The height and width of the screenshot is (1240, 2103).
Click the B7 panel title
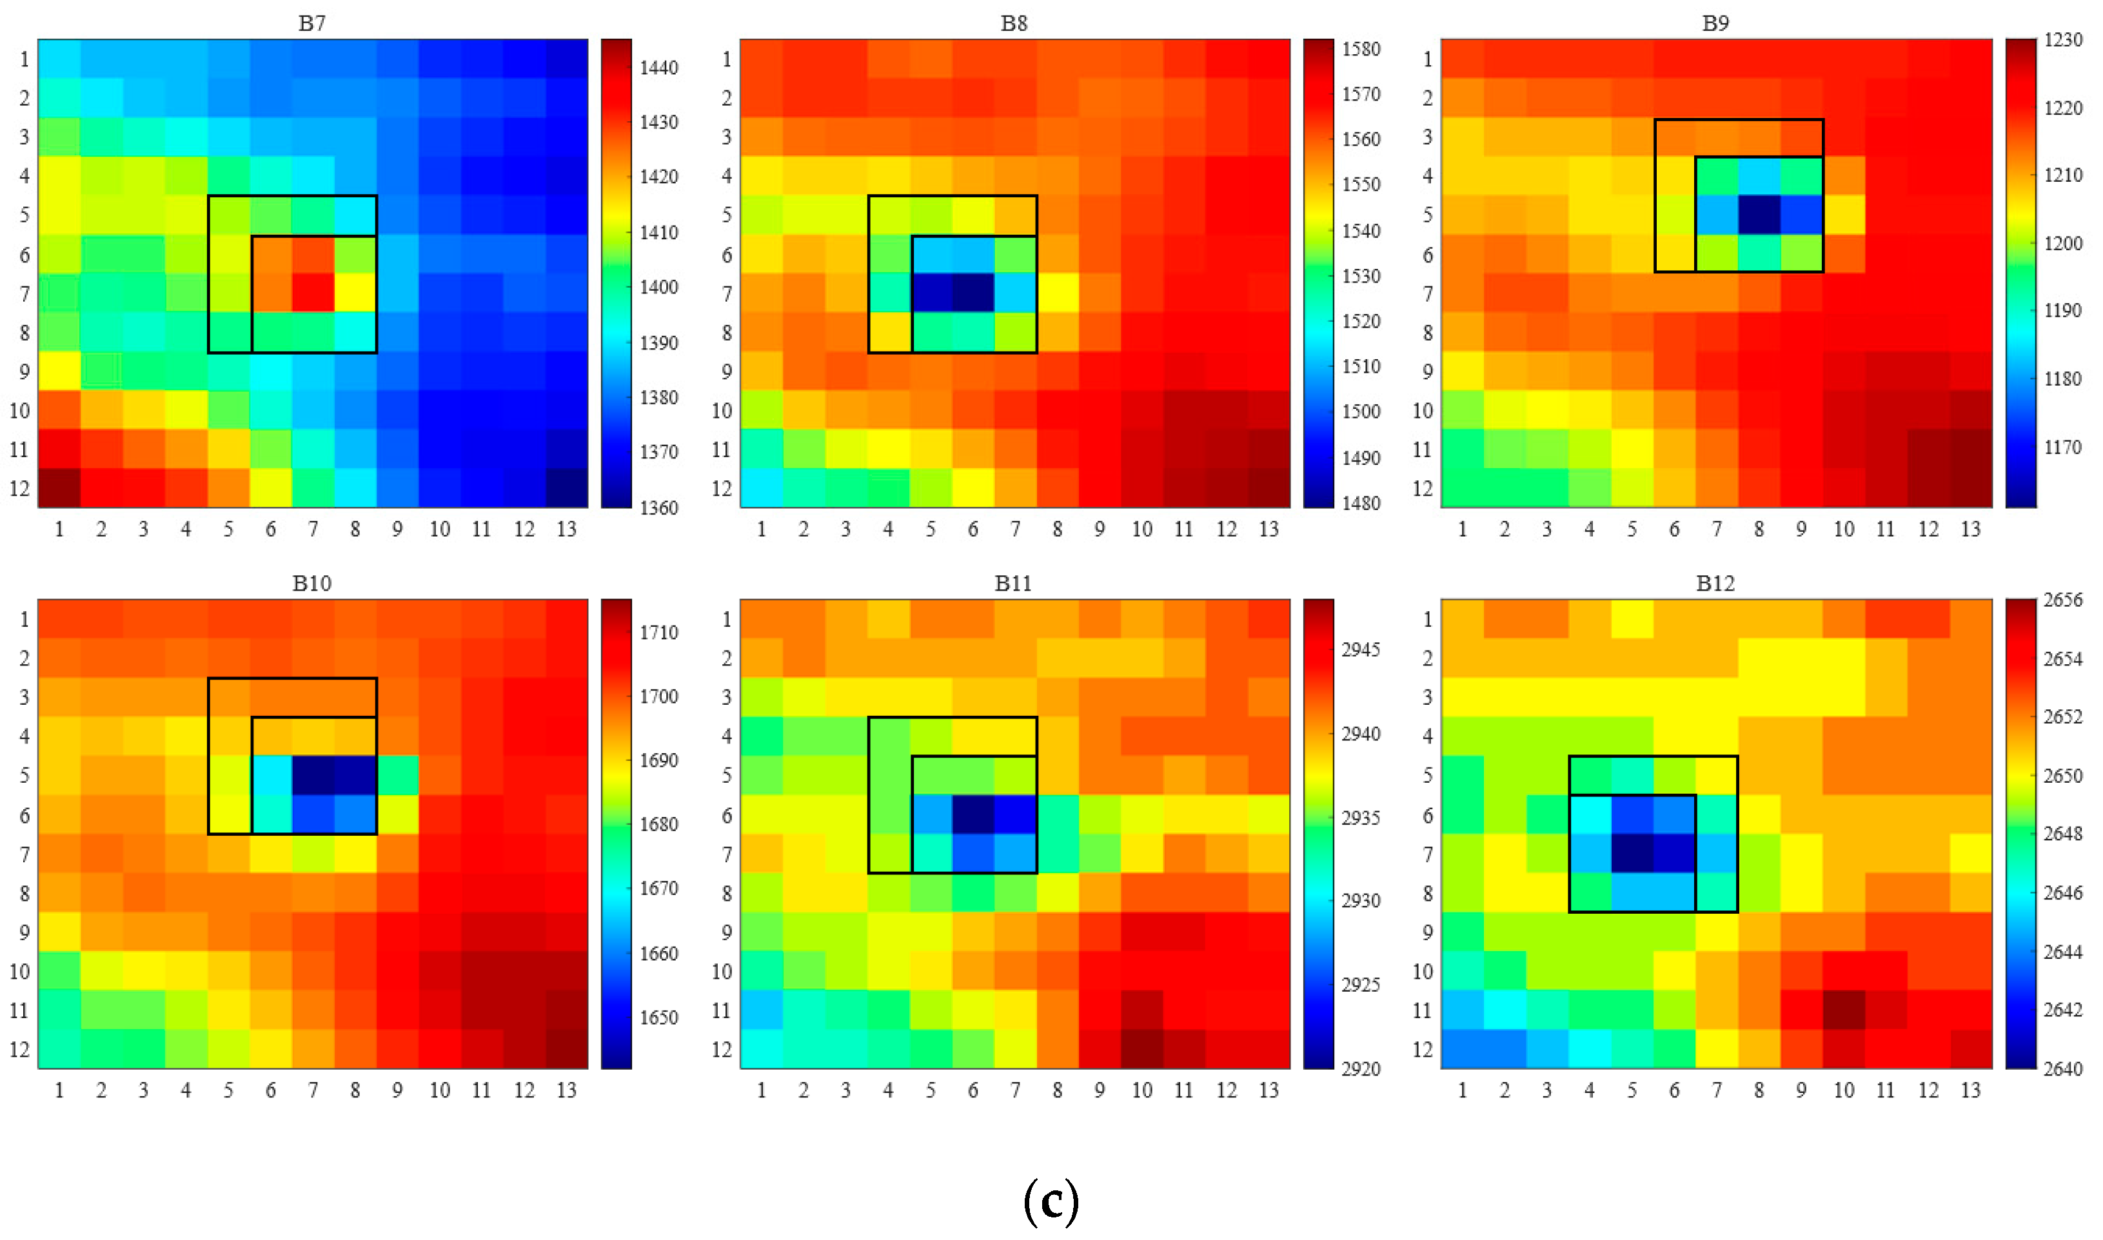tap(311, 23)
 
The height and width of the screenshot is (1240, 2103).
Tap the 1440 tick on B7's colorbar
tap(658, 68)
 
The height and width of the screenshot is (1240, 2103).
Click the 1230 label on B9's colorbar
tap(2063, 40)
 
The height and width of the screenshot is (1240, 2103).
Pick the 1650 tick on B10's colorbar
tap(658, 1018)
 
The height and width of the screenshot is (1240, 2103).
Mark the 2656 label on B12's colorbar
tap(2063, 600)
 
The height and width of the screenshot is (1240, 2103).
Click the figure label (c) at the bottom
tap(1051, 1201)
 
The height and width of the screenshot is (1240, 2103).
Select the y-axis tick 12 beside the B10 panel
tap(19, 1050)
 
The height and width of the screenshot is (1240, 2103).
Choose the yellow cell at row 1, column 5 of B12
tap(1632, 619)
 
